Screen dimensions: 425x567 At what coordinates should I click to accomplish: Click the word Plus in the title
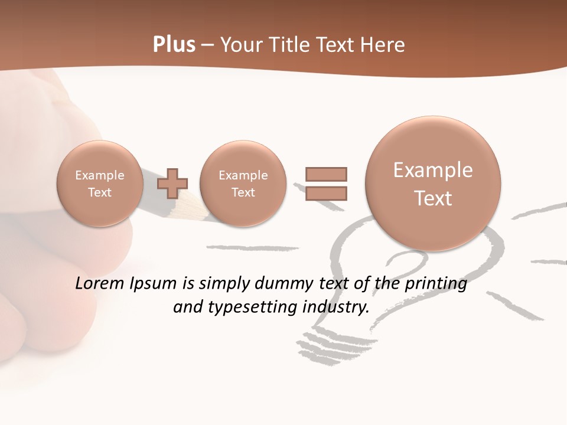(x=174, y=45)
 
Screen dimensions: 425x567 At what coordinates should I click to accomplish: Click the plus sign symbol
(x=172, y=184)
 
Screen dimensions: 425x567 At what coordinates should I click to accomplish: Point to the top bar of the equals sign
(x=326, y=174)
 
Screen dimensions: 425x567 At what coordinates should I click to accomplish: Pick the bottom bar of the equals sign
(x=326, y=194)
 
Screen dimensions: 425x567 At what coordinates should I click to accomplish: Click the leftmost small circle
(x=100, y=184)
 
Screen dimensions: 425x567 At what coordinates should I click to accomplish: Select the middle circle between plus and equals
(x=243, y=184)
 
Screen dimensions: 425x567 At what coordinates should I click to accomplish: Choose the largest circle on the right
(x=433, y=184)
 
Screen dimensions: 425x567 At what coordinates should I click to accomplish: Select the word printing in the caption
(x=436, y=284)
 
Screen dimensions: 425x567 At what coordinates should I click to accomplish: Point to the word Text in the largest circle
(x=433, y=198)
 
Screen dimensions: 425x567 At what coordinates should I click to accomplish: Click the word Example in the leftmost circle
(x=100, y=175)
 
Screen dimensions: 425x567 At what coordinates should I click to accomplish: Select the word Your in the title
(x=240, y=45)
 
